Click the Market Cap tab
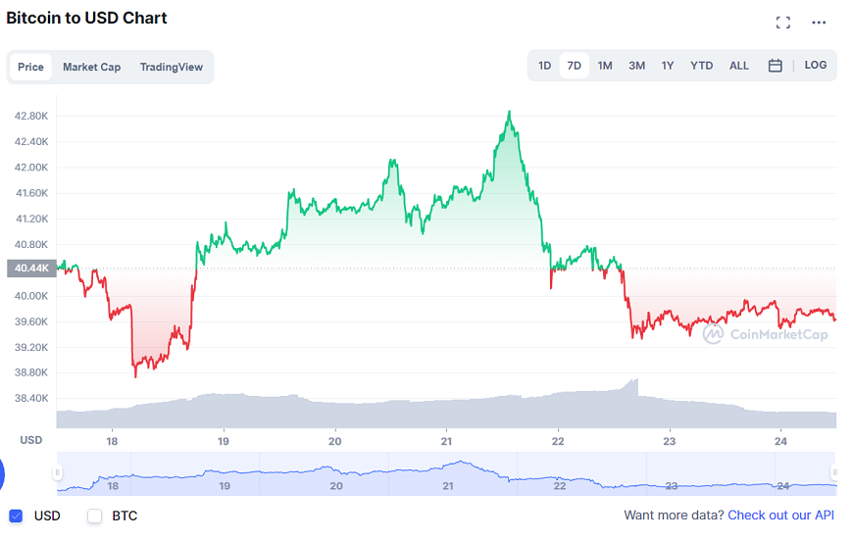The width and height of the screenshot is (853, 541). tap(91, 67)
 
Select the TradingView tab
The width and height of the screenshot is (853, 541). tap(172, 67)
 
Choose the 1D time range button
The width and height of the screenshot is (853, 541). tap(544, 66)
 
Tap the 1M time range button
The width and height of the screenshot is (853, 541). tap(605, 66)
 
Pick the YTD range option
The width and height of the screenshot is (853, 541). tap(701, 66)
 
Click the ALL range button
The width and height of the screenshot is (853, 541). tap(739, 66)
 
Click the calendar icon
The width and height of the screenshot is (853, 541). tap(775, 66)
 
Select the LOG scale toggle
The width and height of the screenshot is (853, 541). tap(816, 65)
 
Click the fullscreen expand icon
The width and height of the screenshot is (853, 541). tap(782, 23)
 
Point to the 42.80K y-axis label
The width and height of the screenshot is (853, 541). tap(31, 116)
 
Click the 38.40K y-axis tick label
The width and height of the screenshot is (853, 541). tap(31, 398)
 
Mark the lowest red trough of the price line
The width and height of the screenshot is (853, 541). tap(135, 376)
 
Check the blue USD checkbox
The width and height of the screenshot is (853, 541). tap(16, 516)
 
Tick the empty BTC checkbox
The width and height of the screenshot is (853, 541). tap(95, 516)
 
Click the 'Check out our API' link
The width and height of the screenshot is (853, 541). tap(780, 516)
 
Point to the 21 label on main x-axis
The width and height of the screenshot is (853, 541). tap(447, 440)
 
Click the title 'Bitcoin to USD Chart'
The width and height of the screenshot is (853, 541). tap(86, 18)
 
